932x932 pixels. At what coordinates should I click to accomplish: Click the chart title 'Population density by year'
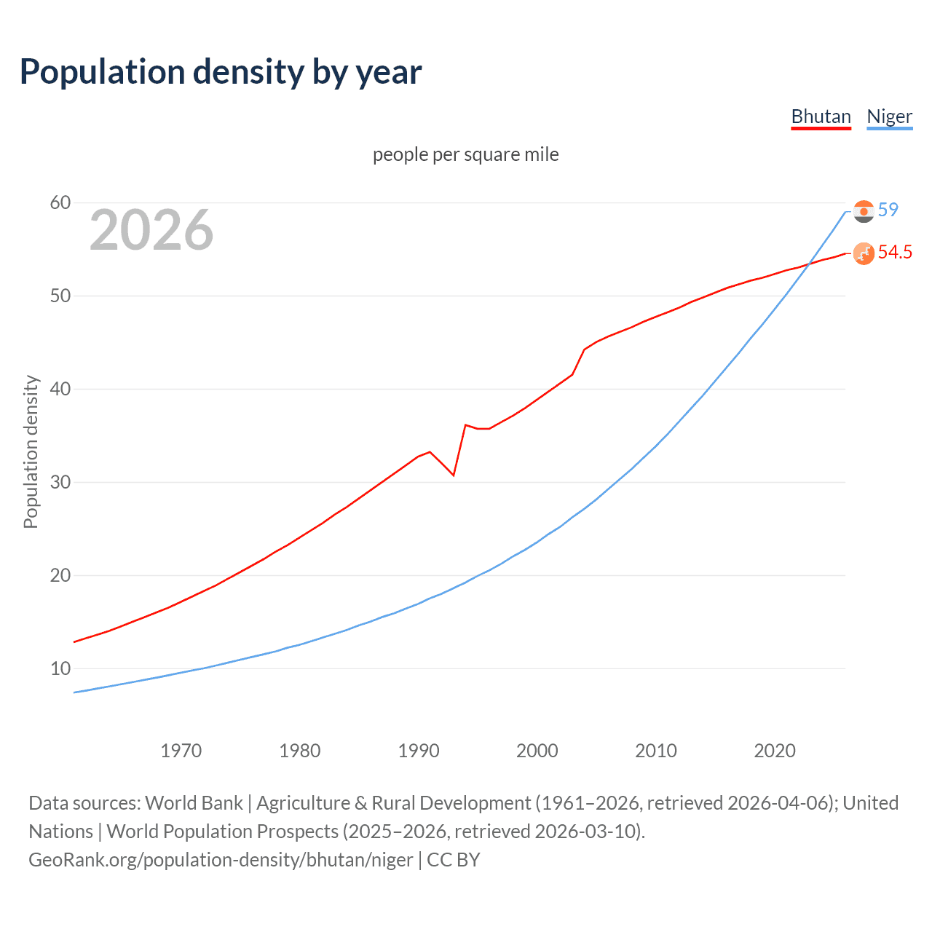click(221, 71)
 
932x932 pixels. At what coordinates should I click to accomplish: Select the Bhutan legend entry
click(821, 116)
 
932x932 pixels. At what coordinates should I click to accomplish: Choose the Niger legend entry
click(889, 116)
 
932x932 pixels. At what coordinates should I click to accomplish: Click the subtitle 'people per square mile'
click(465, 154)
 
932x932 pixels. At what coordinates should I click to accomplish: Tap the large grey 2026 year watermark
click(151, 230)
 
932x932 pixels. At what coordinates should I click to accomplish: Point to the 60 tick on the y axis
click(60, 202)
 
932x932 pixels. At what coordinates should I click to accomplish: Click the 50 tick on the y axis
click(60, 296)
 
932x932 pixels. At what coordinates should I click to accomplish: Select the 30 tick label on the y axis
click(60, 482)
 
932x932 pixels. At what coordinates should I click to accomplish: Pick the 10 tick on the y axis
click(60, 668)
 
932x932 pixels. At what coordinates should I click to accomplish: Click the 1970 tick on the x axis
click(181, 751)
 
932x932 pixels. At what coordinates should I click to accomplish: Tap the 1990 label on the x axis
click(419, 751)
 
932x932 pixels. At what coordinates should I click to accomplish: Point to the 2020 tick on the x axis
click(775, 751)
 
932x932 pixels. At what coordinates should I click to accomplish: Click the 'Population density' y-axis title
click(31, 451)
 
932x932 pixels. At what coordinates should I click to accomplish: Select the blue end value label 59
click(888, 210)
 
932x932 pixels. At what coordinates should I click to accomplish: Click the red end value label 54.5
click(895, 252)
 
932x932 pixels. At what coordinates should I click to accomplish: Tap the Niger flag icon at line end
click(864, 211)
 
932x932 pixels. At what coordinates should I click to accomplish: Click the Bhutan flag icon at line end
click(864, 253)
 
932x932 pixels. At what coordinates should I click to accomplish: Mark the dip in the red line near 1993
click(454, 475)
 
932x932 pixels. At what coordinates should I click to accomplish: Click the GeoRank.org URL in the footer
click(221, 860)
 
